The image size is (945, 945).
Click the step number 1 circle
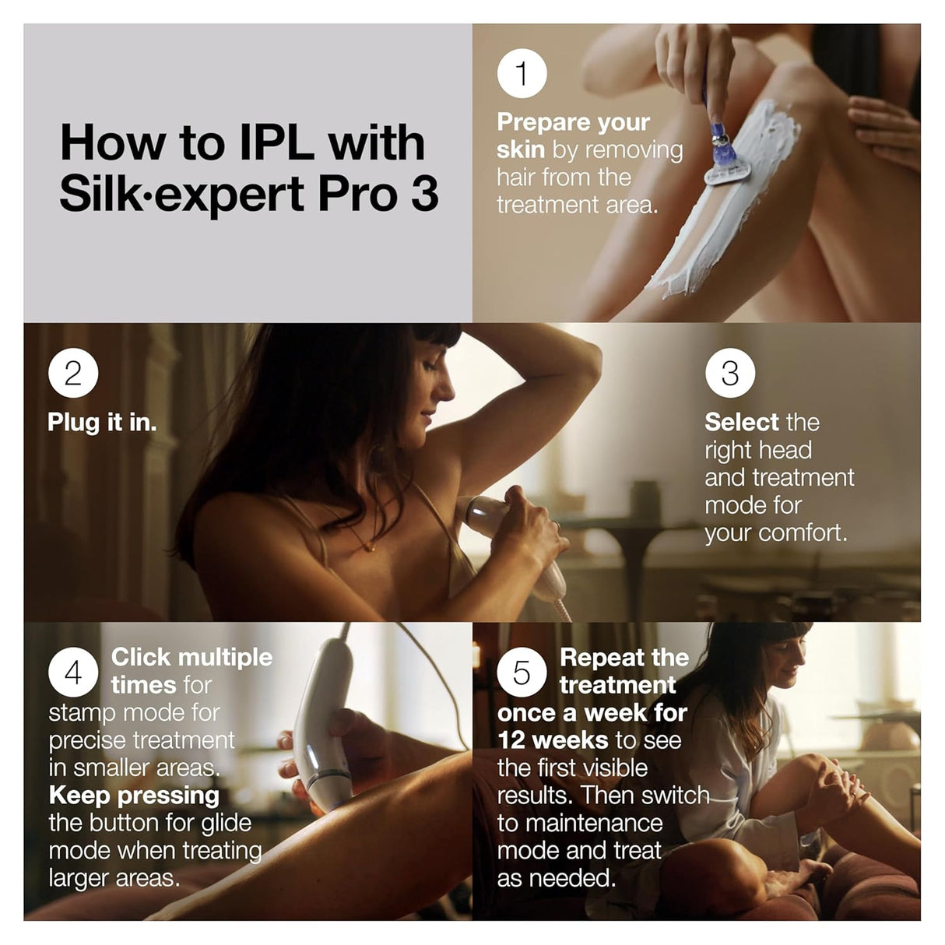click(522, 73)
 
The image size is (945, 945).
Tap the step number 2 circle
click(73, 373)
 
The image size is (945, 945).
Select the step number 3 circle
click(730, 373)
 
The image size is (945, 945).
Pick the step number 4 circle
click(73, 672)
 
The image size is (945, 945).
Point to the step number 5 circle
click(522, 672)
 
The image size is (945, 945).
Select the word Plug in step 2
click(73, 422)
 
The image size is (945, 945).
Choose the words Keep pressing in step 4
click(134, 796)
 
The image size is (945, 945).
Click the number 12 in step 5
click(512, 740)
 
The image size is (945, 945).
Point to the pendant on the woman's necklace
click(372, 548)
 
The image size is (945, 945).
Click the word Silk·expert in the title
click(182, 194)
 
